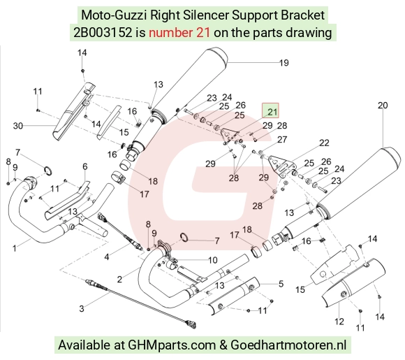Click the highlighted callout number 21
[272, 112]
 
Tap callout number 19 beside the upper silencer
[284, 63]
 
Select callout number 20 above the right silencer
[383, 106]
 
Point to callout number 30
[18, 126]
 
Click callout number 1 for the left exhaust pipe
[14, 249]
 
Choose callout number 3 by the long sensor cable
[82, 308]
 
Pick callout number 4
[107, 257]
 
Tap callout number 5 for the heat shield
[281, 284]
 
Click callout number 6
[85, 166]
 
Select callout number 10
[212, 260]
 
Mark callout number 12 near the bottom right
[339, 322]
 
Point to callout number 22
[324, 143]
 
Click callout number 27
[282, 139]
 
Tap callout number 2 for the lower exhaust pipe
[119, 280]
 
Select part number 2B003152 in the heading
[103, 33]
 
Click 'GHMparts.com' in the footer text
[172, 345]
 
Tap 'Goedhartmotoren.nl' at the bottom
[288, 345]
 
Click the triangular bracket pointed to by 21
[229, 134]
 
